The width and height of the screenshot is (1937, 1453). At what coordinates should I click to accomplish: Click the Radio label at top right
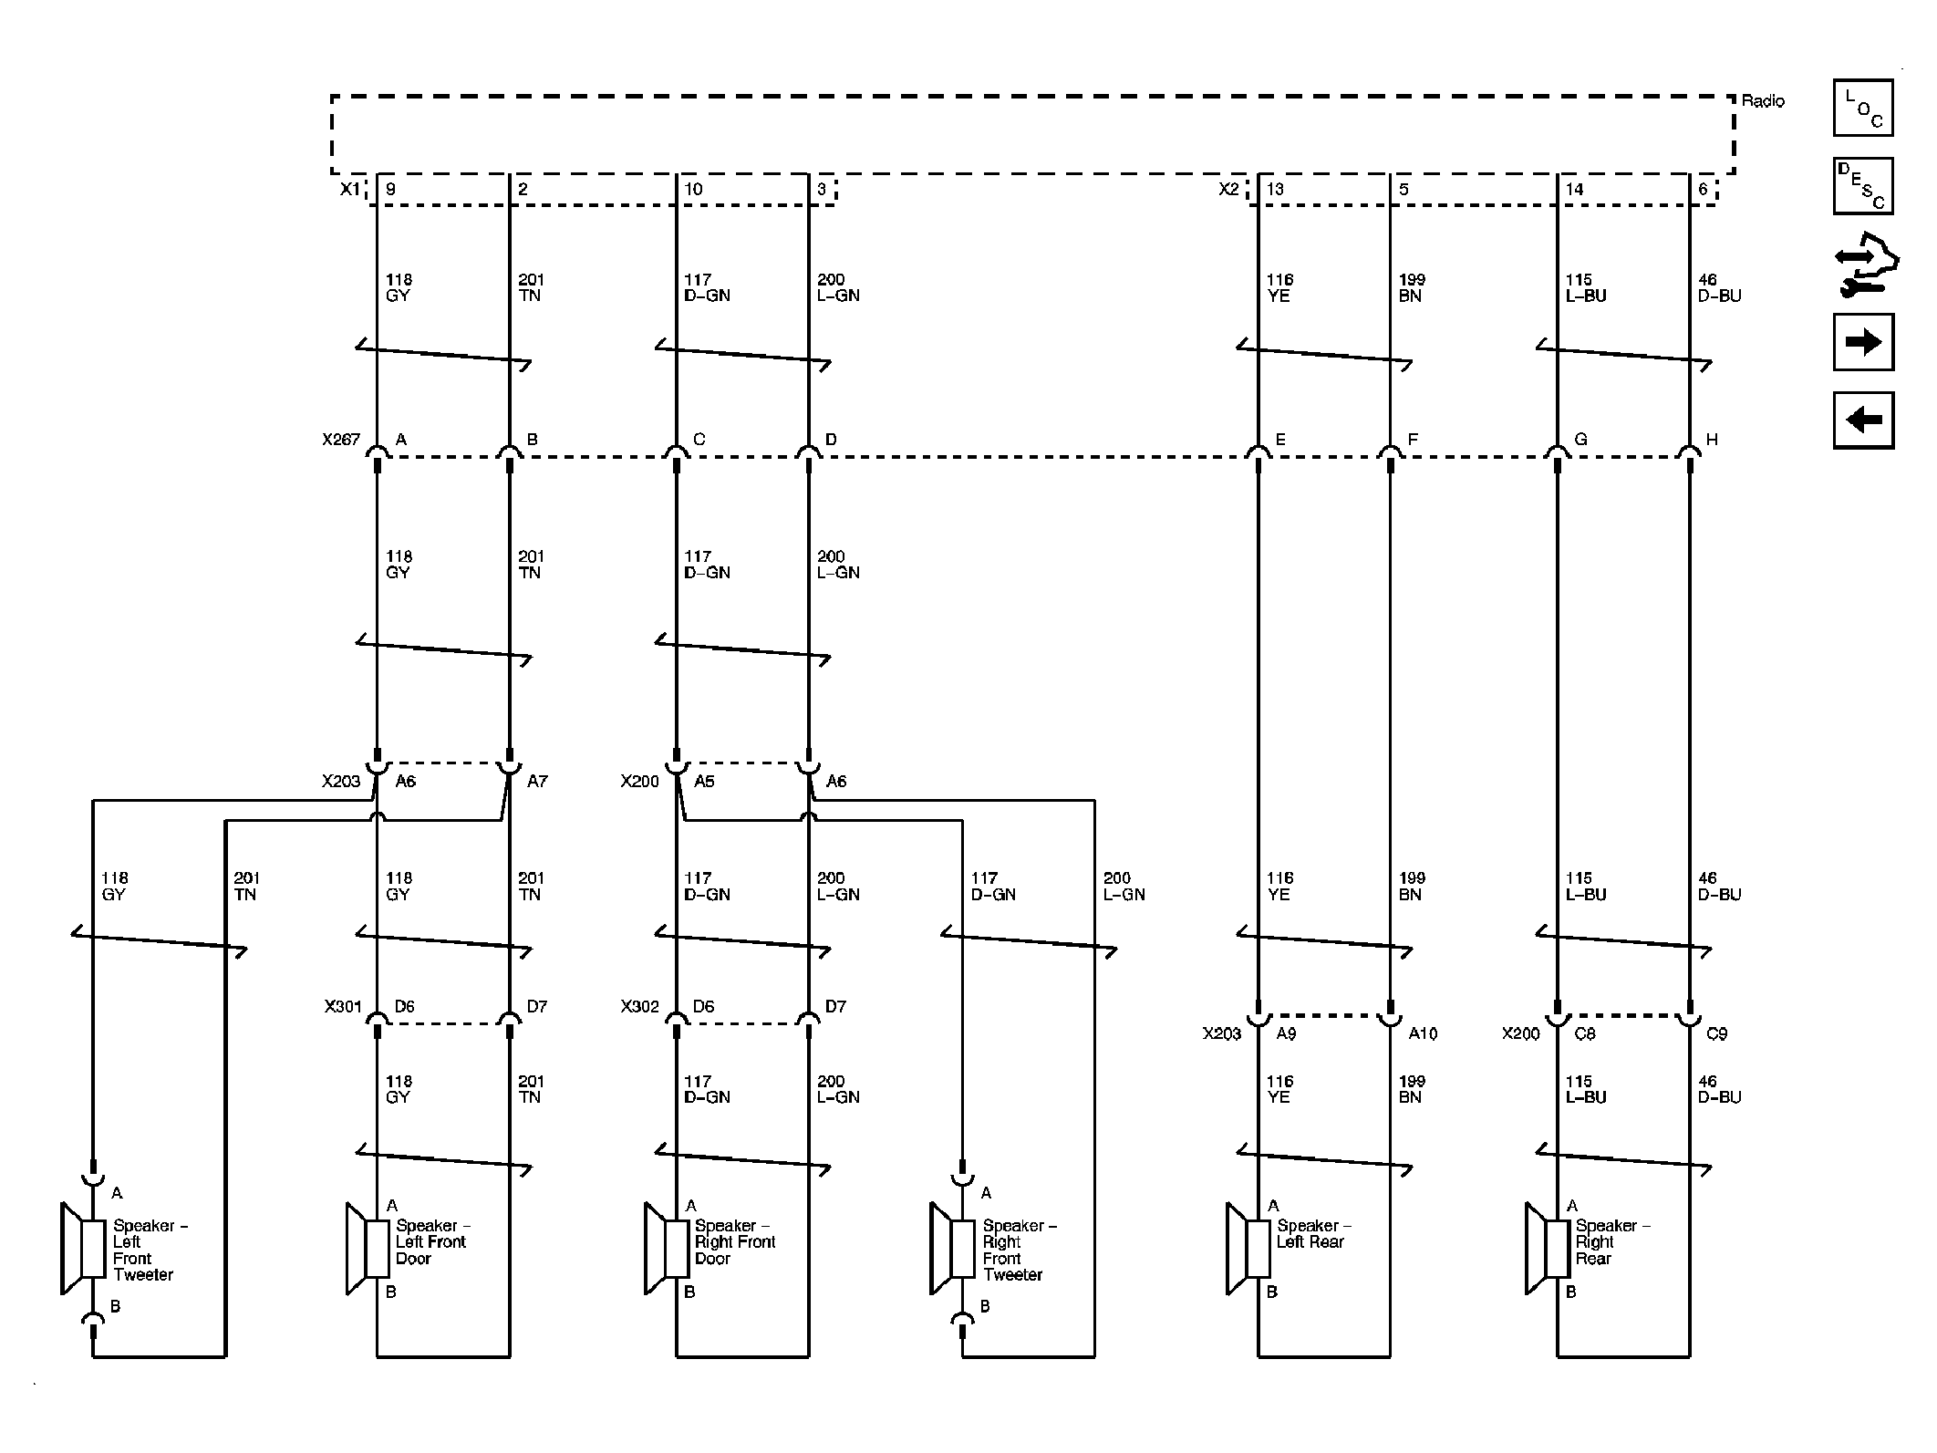1762,101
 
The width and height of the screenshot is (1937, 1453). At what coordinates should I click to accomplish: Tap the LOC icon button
1863,109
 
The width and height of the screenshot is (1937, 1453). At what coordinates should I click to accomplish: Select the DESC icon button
1863,186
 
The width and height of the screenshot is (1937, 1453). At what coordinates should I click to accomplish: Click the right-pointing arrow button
1863,342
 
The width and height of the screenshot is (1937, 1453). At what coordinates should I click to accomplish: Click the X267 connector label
340,440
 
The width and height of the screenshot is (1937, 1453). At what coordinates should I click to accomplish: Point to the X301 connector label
343,1007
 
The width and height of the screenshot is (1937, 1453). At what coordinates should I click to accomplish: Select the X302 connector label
639,1007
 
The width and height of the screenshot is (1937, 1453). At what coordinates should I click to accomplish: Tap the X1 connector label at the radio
350,190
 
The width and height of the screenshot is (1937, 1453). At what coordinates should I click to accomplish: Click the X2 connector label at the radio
1228,190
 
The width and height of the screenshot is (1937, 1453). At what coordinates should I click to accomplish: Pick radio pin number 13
1275,190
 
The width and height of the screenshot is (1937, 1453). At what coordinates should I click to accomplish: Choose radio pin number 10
693,190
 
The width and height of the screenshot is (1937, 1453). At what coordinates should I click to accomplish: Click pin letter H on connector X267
1712,440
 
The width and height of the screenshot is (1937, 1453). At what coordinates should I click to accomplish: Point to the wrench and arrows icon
1865,265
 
